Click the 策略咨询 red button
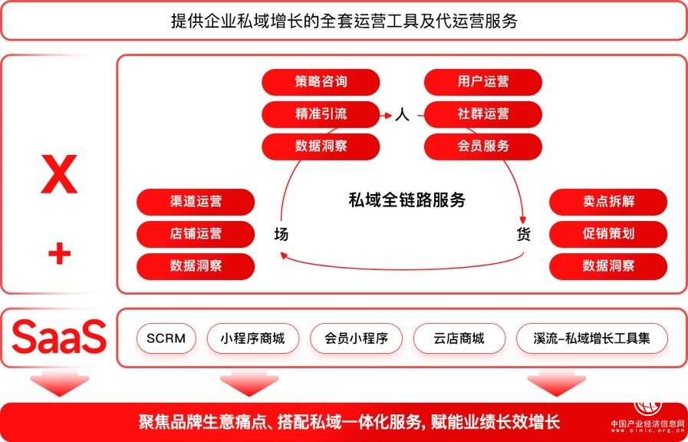pyautogui.click(x=321, y=82)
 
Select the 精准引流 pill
pyautogui.click(x=321, y=114)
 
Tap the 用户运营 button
pyautogui.click(x=483, y=82)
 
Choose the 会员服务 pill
pyautogui.click(x=483, y=146)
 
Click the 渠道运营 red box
pyautogui.click(x=196, y=202)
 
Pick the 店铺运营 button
pyautogui.click(x=196, y=234)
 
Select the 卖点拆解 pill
pyautogui.click(x=608, y=202)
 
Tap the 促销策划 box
pyautogui.click(x=608, y=234)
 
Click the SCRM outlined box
pyautogui.click(x=166, y=338)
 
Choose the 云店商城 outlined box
pyautogui.click(x=459, y=338)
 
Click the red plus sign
pyautogui.click(x=59, y=253)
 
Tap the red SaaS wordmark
pyautogui.click(x=59, y=338)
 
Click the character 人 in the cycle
pyautogui.click(x=403, y=115)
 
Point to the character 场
pyautogui.click(x=281, y=235)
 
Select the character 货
pyautogui.click(x=523, y=235)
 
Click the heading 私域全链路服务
pyautogui.click(x=407, y=201)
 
